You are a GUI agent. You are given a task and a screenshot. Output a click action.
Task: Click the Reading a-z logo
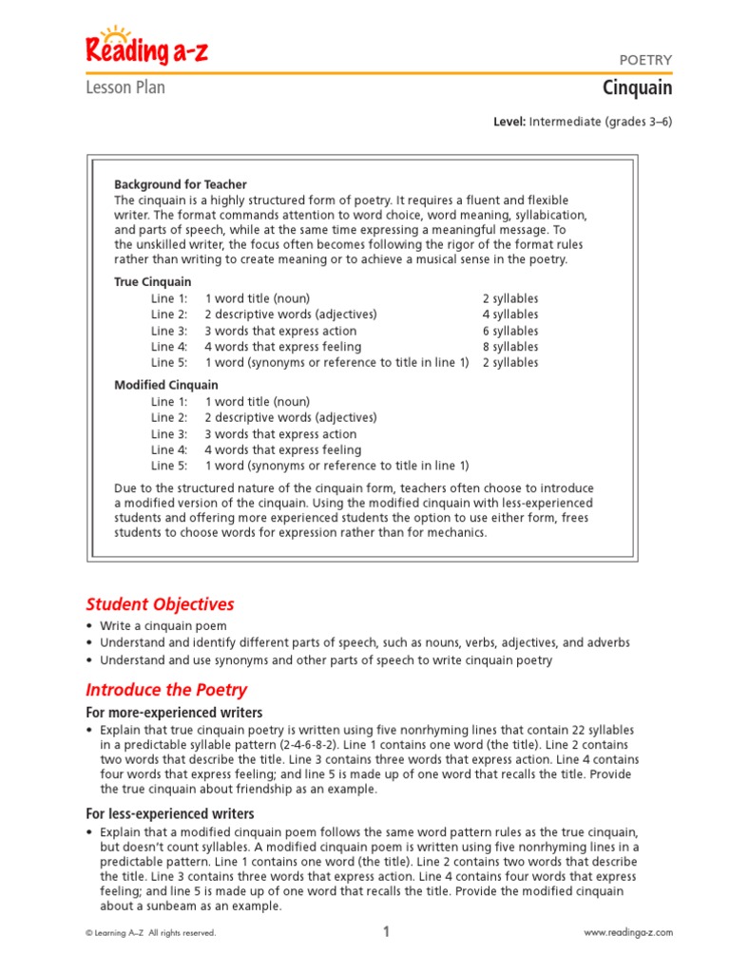pyautogui.click(x=146, y=48)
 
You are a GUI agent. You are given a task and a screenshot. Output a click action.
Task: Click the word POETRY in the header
pyautogui.click(x=645, y=60)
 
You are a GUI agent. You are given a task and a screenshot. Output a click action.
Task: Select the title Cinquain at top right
pyautogui.click(x=637, y=88)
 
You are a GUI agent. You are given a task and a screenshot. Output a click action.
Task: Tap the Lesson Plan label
pyautogui.click(x=125, y=87)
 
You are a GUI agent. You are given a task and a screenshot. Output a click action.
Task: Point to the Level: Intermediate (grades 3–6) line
pyautogui.click(x=582, y=122)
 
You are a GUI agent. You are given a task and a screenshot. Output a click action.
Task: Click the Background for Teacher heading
pyautogui.click(x=181, y=184)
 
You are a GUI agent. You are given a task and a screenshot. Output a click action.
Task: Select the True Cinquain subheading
pyautogui.click(x=153, y=282)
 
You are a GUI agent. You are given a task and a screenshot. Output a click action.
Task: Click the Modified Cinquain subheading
pyautogui.click(x=166, y=385)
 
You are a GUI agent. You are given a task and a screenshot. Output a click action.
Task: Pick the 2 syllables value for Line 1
pyautogui.click(x=509, y=298)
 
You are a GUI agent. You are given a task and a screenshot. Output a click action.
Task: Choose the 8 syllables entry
pyautogui.click(x=509, y=347)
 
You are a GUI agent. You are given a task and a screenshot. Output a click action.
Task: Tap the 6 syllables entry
pyautogui.click(x=509, y=331)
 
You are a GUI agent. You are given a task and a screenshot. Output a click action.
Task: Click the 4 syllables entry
pyautogui.click(x=509, y=315)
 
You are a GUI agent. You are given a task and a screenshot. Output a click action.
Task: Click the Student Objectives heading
pyautogui.click(x=160, y=604)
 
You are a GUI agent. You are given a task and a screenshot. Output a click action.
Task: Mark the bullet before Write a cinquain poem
pyautogui.click(x=89, y=626)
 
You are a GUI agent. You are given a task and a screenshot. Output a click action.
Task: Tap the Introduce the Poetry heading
pyautogui.click(x=166, y=690)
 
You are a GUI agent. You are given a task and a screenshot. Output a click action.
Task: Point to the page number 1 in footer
pyautogui.click(x=386, y=932)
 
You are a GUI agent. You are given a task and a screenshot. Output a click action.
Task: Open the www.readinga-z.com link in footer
pyautogui.click(x=627, y=933)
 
